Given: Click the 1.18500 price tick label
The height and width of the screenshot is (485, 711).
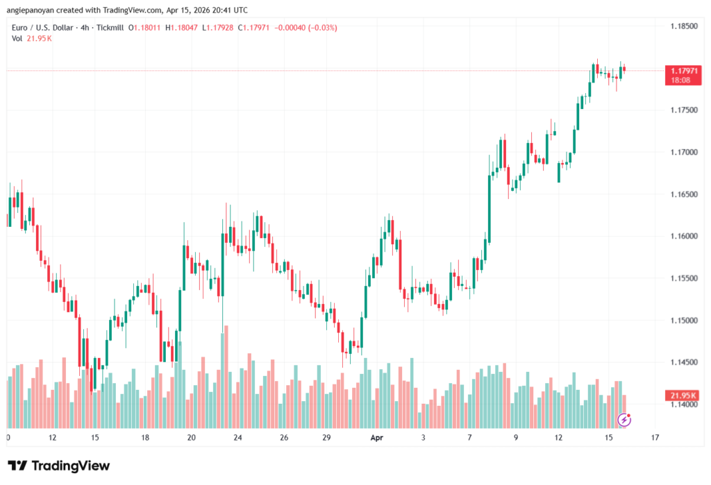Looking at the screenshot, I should click(683, 26).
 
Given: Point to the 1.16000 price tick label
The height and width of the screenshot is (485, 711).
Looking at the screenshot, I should click(683, 236).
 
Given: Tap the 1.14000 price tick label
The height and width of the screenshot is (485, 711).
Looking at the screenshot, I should click(683, 405).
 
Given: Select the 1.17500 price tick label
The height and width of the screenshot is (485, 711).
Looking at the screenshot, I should click(683, 110).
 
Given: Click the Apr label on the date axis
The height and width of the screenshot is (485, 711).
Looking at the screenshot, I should click(377, 438).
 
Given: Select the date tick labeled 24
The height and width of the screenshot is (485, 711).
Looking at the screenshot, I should click(237, 438).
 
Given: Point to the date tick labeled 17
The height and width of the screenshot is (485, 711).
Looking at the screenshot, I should click(655, 438).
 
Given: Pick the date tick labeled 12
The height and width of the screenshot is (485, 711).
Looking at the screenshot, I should click(53, 438).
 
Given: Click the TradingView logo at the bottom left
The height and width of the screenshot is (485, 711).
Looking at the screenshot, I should click(59, 466).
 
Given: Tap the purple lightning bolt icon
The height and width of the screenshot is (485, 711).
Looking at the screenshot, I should click(624, 419).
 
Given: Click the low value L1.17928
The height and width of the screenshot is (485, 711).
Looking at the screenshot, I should click(217, 28).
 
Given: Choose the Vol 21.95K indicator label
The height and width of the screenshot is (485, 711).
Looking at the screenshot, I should click(32, 38).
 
